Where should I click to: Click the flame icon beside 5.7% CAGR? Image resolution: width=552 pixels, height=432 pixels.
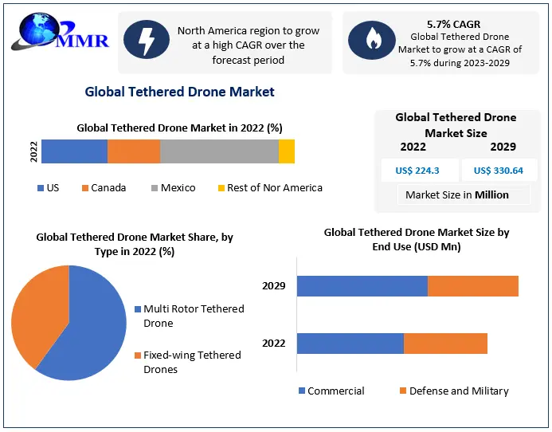pos(373,41)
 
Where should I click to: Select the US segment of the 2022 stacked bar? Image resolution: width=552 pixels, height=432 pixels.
pos(74,151)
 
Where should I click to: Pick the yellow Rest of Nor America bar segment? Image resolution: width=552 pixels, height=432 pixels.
pos(287,151)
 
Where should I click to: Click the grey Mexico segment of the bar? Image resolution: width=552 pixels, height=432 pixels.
pos(219,151)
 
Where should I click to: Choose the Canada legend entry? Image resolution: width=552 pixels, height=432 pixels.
pos(104,188)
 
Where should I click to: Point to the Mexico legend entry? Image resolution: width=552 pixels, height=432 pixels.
pos(172,188)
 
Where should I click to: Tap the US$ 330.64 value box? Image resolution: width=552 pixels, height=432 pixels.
pos(499,170)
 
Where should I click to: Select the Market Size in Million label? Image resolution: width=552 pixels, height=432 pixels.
pos(456,194)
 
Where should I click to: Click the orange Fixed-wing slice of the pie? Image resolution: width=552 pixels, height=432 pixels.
pos(36,315)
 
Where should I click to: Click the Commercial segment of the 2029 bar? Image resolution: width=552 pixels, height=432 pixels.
pos(362,285)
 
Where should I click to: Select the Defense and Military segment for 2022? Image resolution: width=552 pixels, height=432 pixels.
pos(445,344)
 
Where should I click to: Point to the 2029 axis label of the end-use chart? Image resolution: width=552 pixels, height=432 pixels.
pos(273,285)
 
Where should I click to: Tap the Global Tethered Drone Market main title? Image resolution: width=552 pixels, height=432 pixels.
pos(180,92)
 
